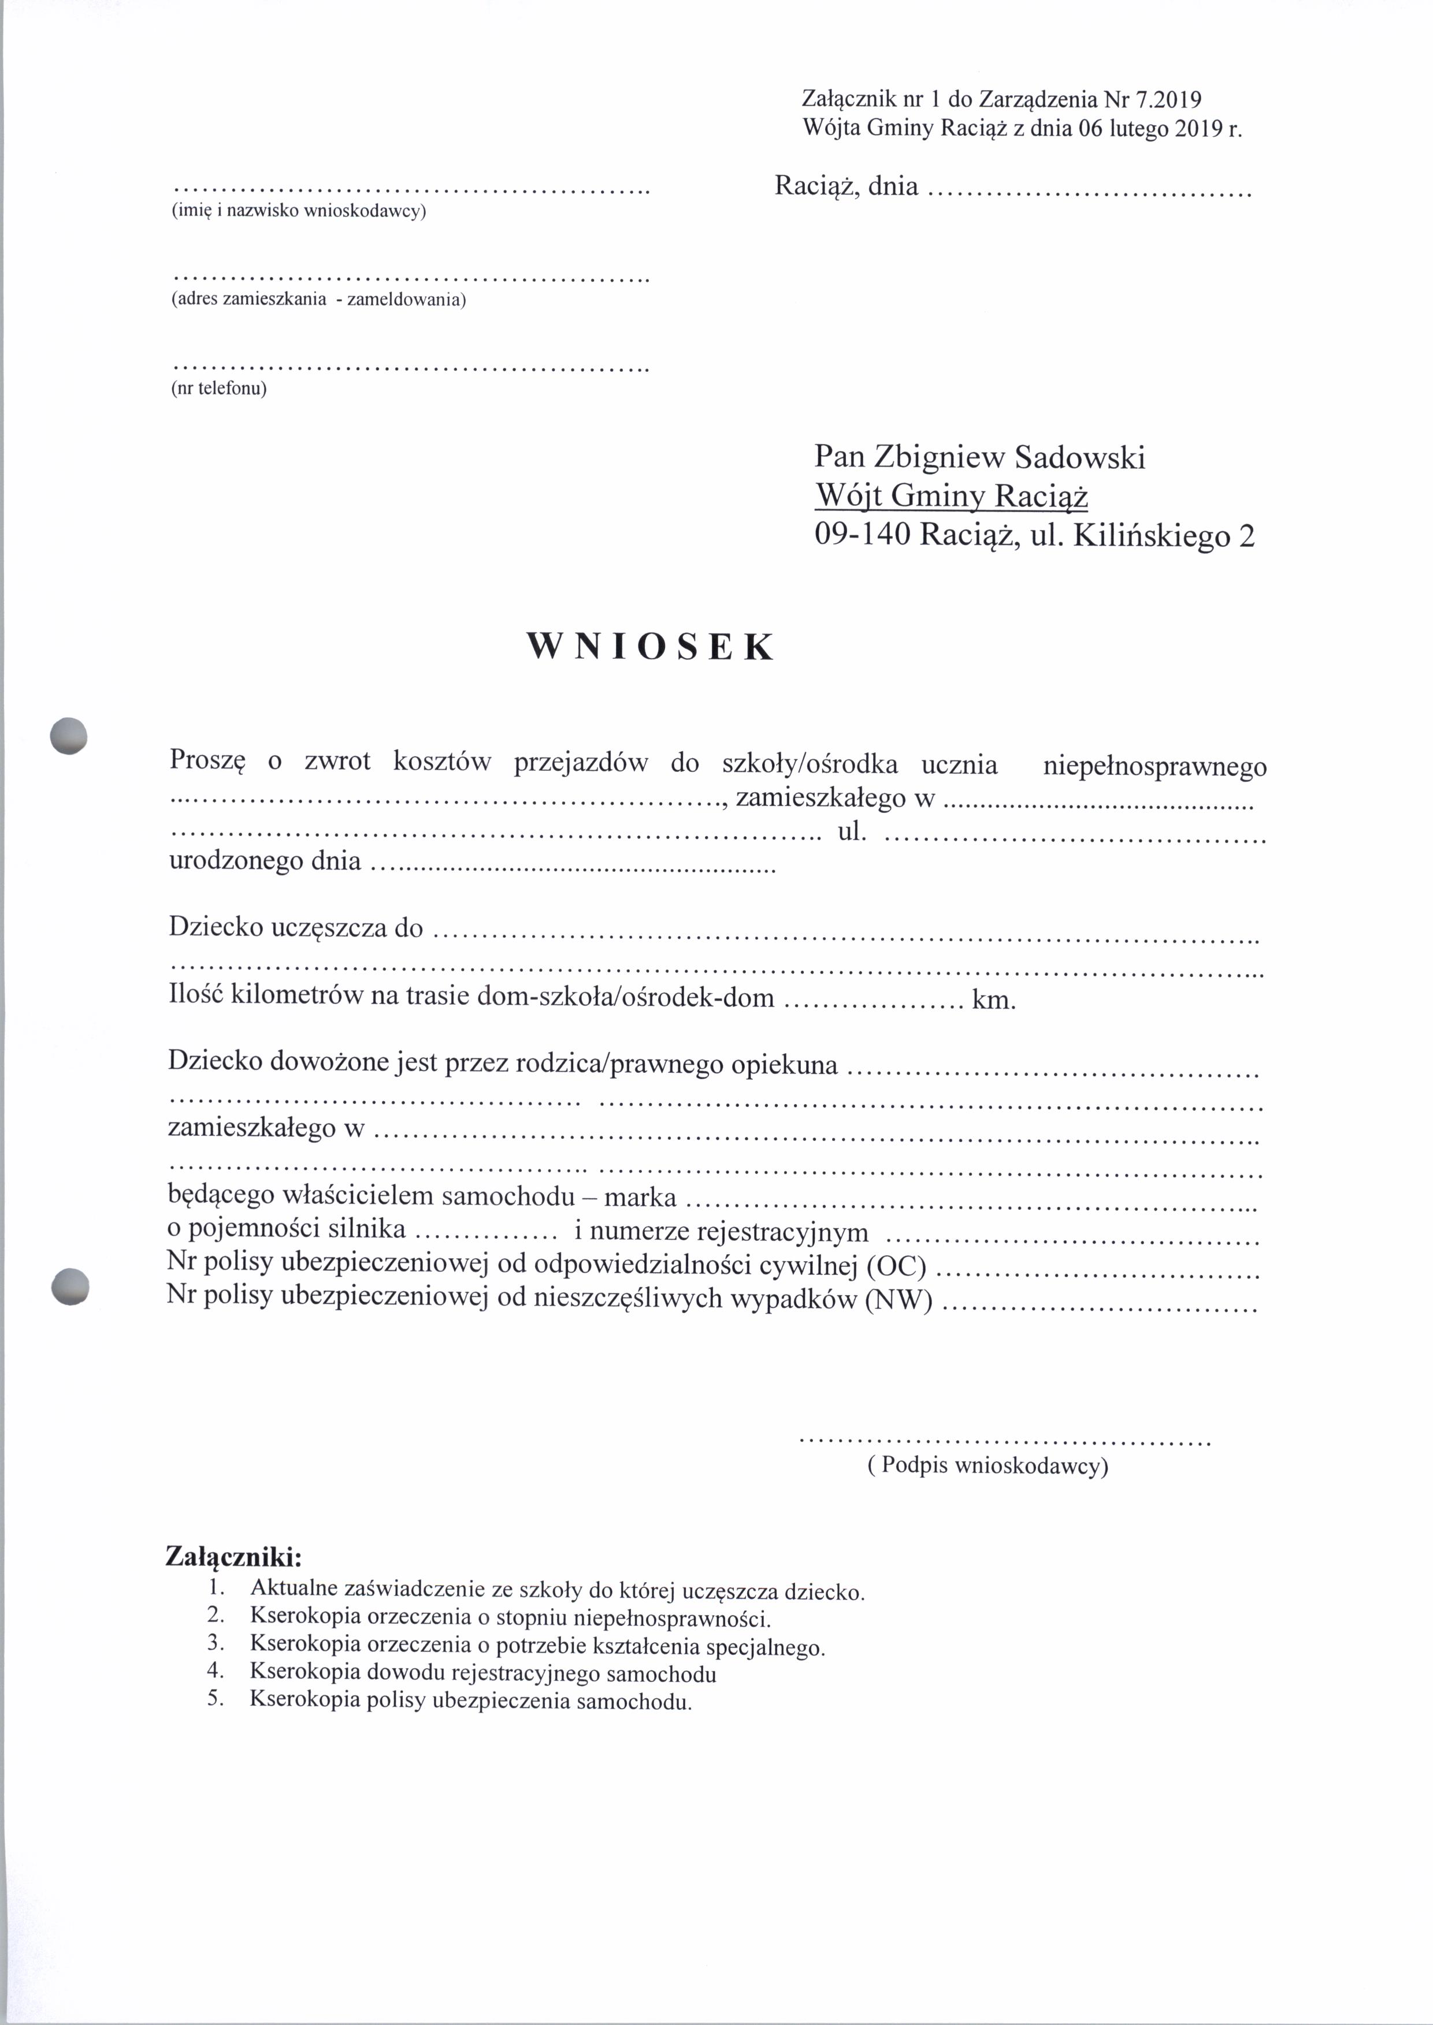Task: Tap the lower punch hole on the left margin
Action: pyautogui.click(x=70, y=1285)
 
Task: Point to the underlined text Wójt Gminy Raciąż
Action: pyautogui.click(x=951, y=497)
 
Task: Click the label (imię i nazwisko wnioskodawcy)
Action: pyautogui.click(x=298, y=212)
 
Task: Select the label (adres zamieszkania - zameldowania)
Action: pyautogui.click(x=318, y=300)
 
